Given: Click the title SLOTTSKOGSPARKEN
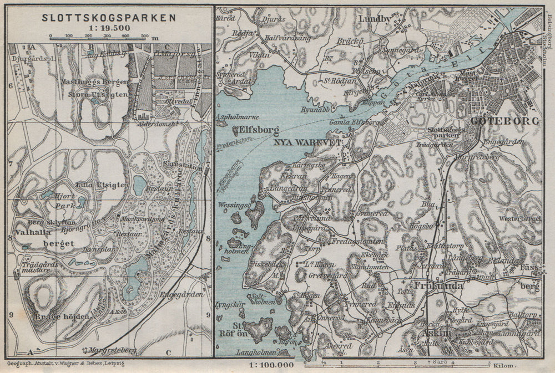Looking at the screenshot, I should pyautogui.click(x=109, y=17).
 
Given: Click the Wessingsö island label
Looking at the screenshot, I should pyautogui.click(x=235, y=205).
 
